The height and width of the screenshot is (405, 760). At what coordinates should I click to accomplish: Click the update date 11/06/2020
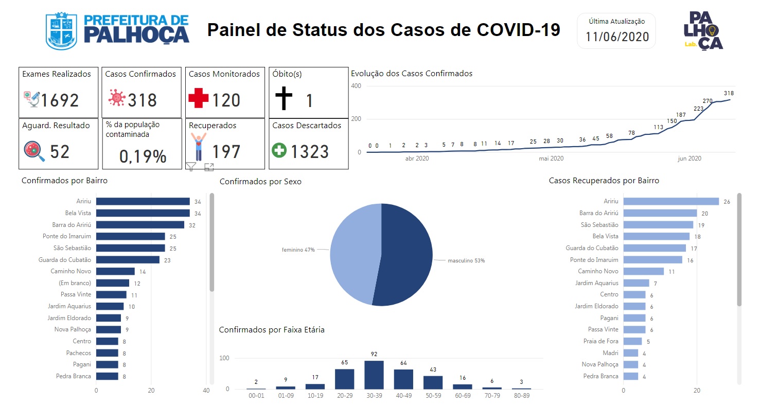pos(617,37)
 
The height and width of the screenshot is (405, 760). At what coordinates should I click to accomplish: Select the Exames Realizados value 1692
pos(60,100)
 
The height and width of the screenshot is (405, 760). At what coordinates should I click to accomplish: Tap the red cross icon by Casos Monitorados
pos(198,98)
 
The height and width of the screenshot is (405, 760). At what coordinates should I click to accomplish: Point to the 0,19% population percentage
pos(143,156)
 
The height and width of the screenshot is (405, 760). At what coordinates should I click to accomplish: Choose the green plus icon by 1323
pos(279,151)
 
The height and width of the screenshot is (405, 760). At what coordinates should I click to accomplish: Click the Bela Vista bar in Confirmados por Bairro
pos(143,213)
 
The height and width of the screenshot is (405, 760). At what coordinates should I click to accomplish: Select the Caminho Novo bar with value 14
pos(115,271)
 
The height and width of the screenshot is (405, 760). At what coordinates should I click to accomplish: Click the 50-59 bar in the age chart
pos(433,382)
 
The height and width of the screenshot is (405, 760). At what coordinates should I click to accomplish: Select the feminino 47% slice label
pos(298,250)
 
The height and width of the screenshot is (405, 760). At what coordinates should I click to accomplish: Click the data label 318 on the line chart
pos(728,93)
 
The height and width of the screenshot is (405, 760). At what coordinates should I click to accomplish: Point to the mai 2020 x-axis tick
pos(551,159)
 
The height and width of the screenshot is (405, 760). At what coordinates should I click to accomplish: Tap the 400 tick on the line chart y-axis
pos(356,86)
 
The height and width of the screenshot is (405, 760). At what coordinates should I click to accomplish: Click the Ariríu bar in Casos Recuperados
pos(671,201)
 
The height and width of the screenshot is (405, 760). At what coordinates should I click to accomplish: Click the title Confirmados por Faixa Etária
pos(272,329)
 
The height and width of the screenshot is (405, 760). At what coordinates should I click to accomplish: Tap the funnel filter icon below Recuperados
pos(191,166)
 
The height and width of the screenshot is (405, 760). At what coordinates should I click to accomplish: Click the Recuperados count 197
pos(226,152)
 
